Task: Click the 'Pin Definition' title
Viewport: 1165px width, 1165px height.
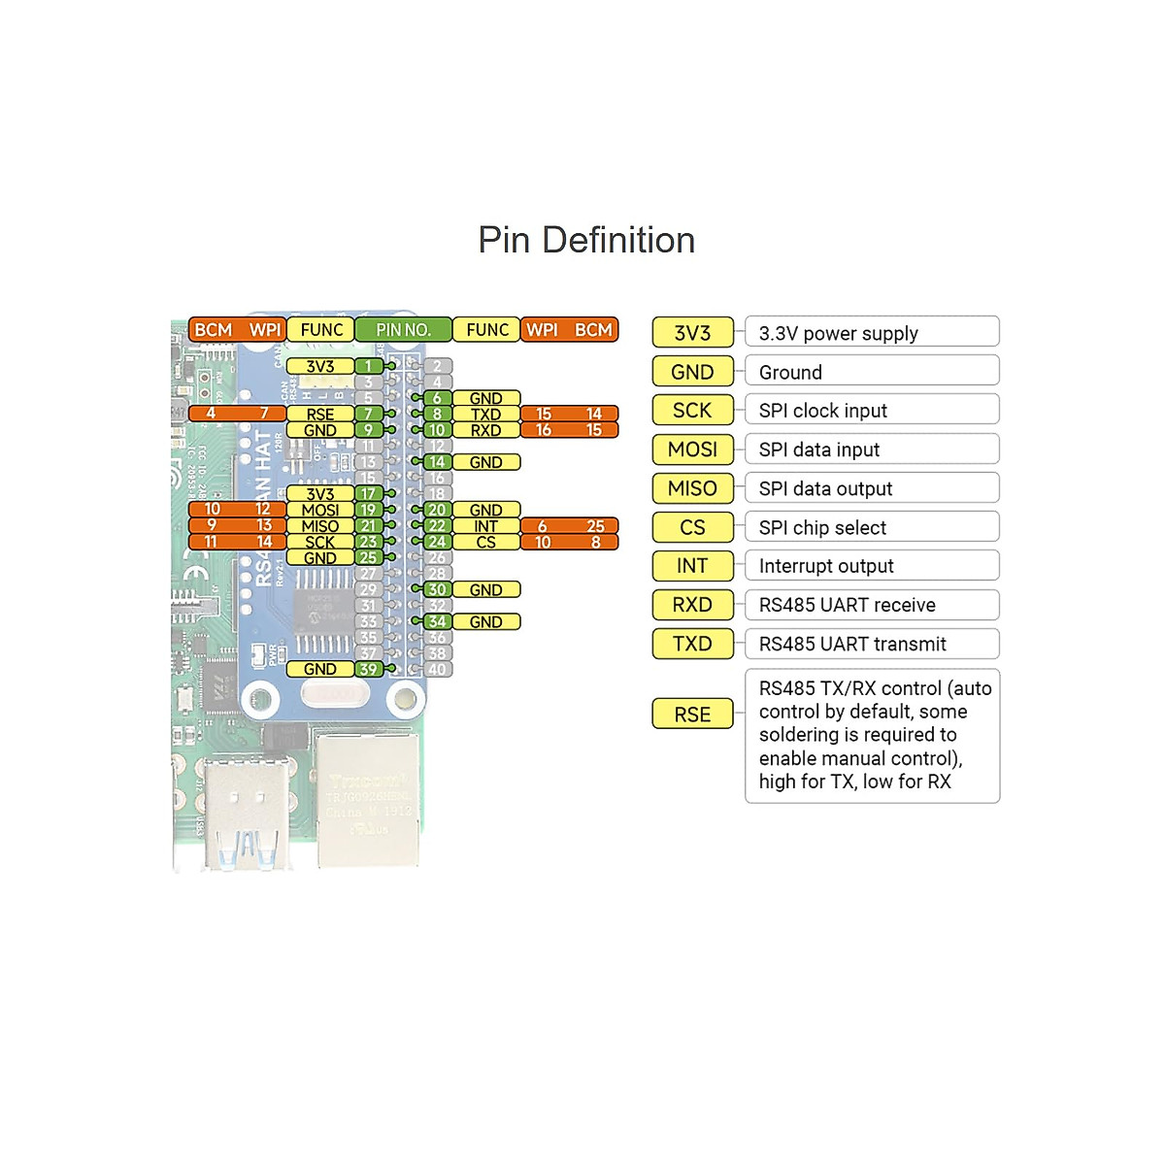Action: [586, 240]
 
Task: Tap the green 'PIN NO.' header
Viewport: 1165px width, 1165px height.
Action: [403, 330]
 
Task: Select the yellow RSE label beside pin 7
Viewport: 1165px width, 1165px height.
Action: [319, 415]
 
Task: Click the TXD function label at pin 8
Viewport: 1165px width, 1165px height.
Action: [485, 415]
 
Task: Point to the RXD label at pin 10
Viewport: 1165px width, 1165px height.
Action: [485, 430]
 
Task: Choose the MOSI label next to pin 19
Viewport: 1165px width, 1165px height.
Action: [319, 510]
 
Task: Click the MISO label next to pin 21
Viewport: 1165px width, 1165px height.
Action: [319, 526]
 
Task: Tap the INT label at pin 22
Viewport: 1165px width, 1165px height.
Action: [485, 526]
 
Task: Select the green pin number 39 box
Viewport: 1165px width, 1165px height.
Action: [368, 669]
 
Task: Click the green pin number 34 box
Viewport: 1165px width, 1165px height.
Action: [437, 621]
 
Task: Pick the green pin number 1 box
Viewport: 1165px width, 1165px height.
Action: [368, 366]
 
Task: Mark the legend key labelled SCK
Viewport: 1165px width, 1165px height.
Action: [692, 411]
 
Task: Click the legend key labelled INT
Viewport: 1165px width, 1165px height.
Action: [692, 566]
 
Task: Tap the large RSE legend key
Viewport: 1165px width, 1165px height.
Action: [692, 715]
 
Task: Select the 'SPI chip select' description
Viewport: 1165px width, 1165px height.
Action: [871, 527]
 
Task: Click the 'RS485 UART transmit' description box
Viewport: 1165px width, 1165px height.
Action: [871, 644]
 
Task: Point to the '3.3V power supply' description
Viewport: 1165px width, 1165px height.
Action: [871, 333]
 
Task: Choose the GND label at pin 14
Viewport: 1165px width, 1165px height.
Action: [485, 462]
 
